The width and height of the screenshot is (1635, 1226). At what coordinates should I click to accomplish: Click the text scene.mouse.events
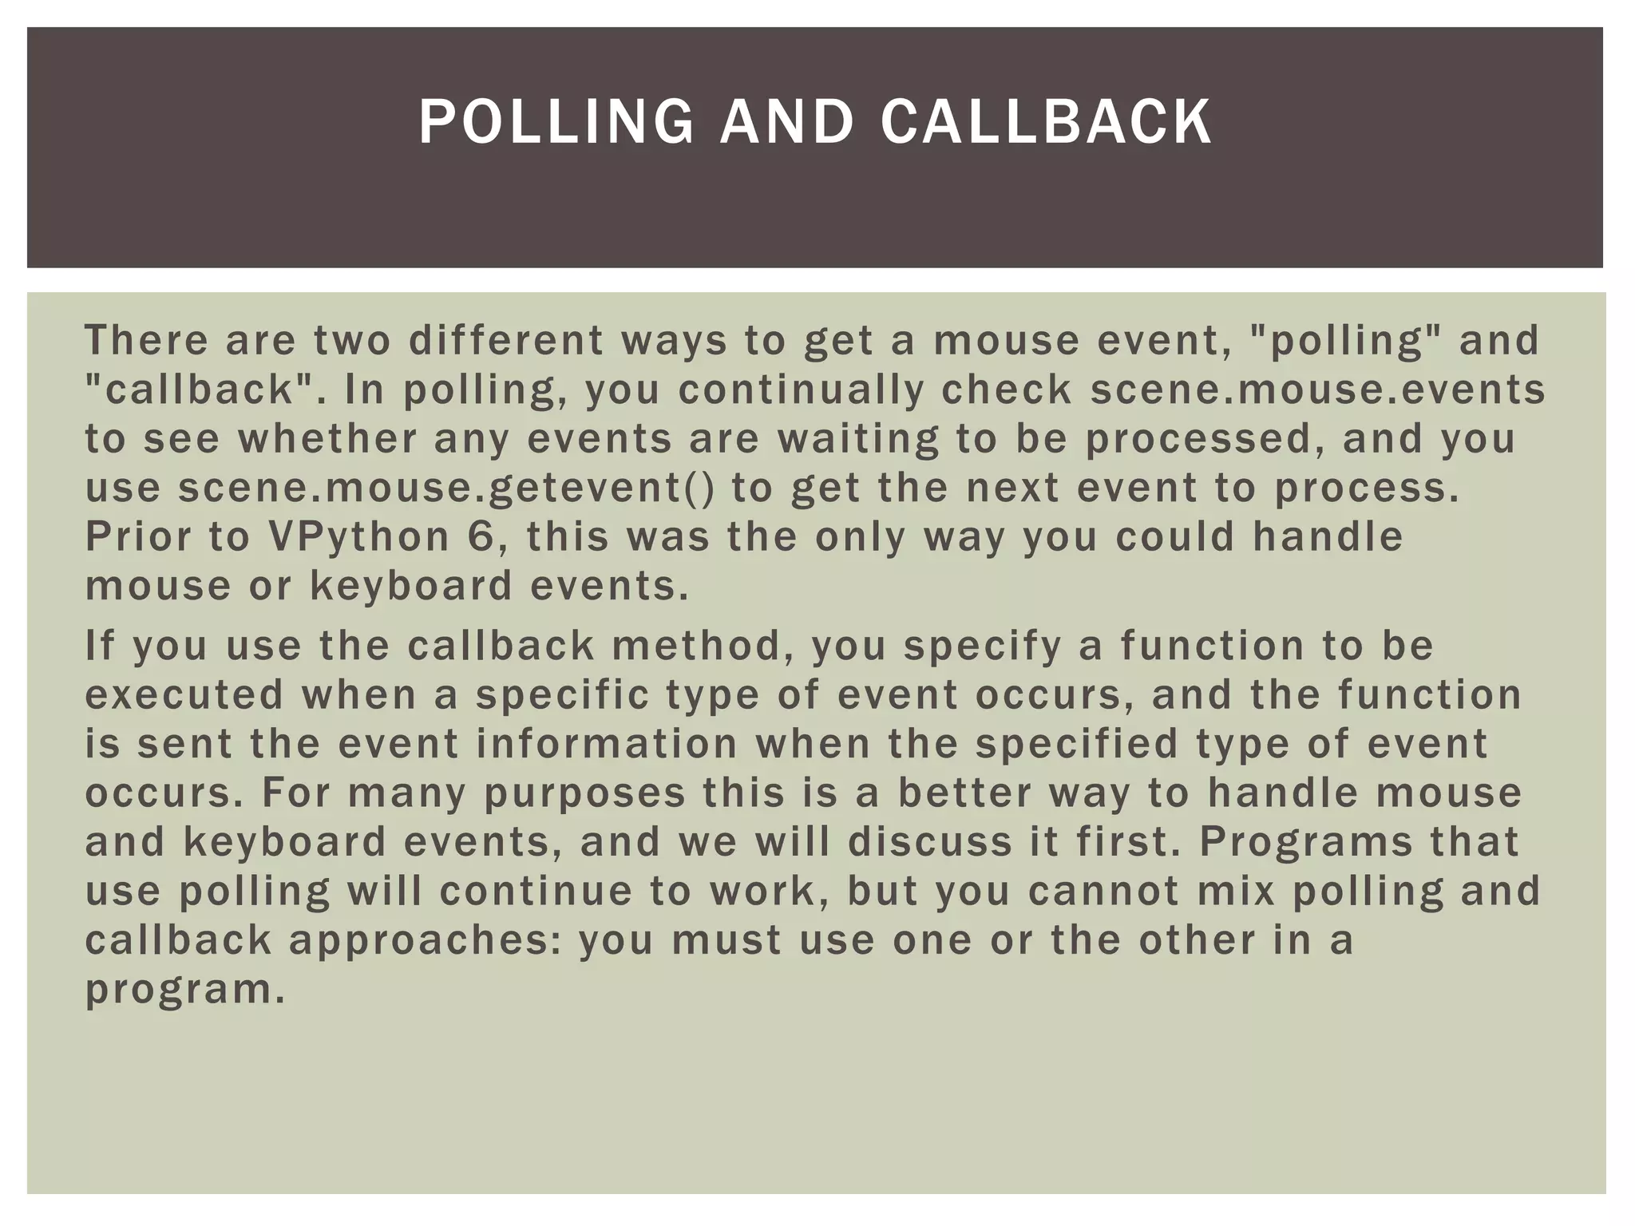pos(1318,390)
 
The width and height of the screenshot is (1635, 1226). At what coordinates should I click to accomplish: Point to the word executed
pos(184,694)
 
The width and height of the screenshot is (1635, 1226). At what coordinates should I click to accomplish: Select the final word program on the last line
pos(184,990)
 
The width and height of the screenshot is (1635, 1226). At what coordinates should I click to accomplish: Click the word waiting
pos(858,439)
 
